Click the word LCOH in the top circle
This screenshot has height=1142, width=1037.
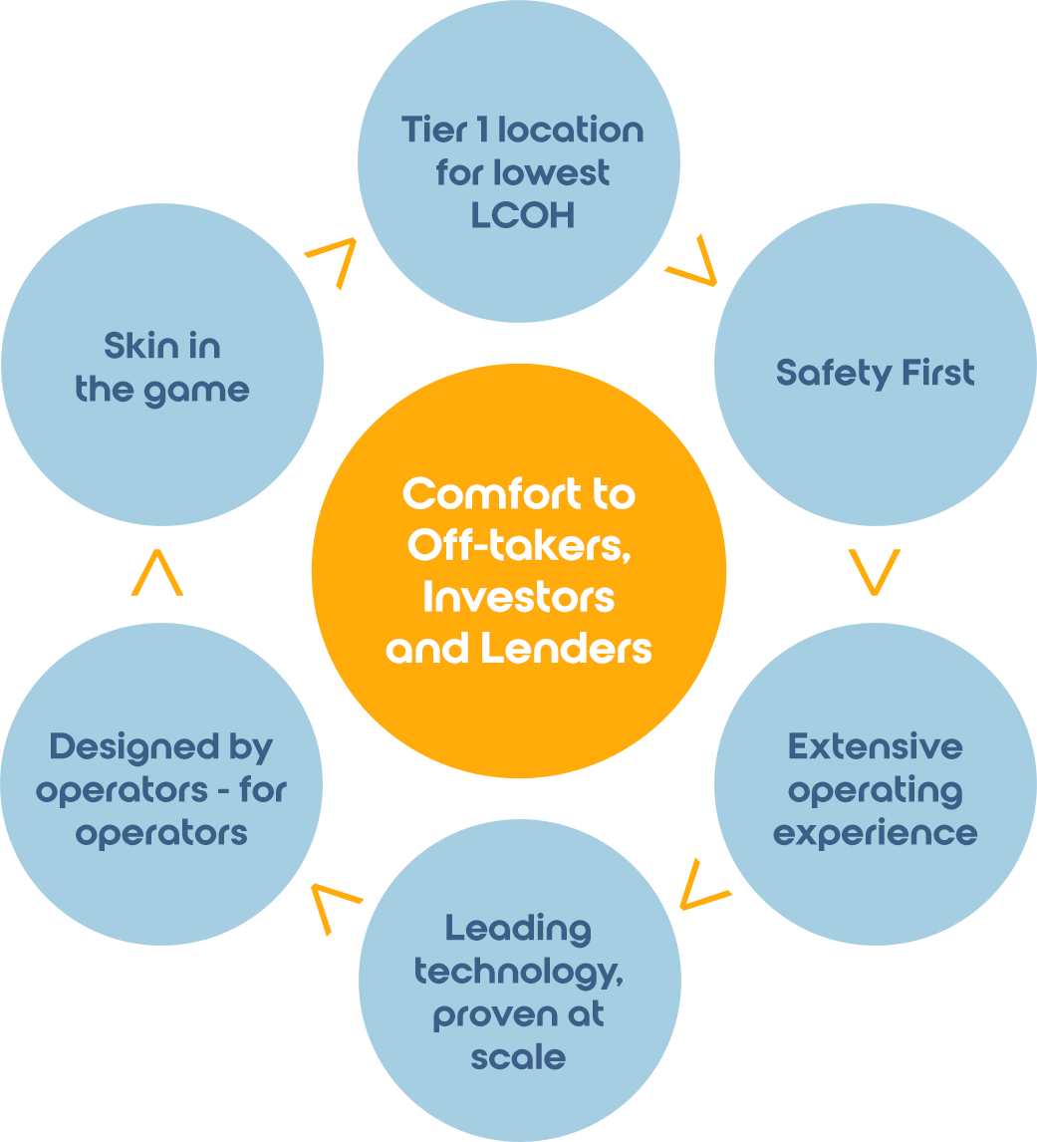pyautogui.click(x=522, y=216)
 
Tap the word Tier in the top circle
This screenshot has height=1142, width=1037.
pyautogui.click(x=435, y=130)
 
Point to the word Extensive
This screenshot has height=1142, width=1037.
pyautogui.click(x=875, y=746)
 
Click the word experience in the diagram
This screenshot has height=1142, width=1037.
pyautogui.click(x=875, y=832)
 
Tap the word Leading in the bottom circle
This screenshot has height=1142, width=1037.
pyautogui.click(x=518, y=929)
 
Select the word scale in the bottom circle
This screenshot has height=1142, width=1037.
pyautogui.click(x=518, y=1056)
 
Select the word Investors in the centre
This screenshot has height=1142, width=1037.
pyautogui.click(x=518, y=598)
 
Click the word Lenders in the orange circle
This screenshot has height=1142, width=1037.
pyautogui.click(x=565, y=650)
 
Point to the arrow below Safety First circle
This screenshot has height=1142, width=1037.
pyautogui.click(x=876, y=571)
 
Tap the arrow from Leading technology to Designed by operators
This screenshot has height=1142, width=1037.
pyautogui.click(x=334, y=905)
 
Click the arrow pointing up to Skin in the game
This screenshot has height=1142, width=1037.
pyautogui.click(x=157, y=575)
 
